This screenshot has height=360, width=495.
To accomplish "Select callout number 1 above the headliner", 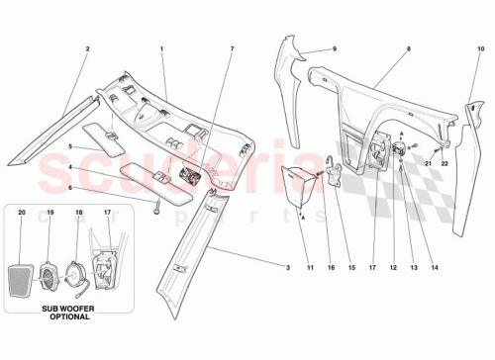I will (162, 48).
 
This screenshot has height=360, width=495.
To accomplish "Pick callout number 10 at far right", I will (481, 48).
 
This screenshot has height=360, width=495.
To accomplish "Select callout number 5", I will (70, 145).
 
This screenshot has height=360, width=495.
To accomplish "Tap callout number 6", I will (70, 186).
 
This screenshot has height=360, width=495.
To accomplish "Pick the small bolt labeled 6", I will (156, 207).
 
